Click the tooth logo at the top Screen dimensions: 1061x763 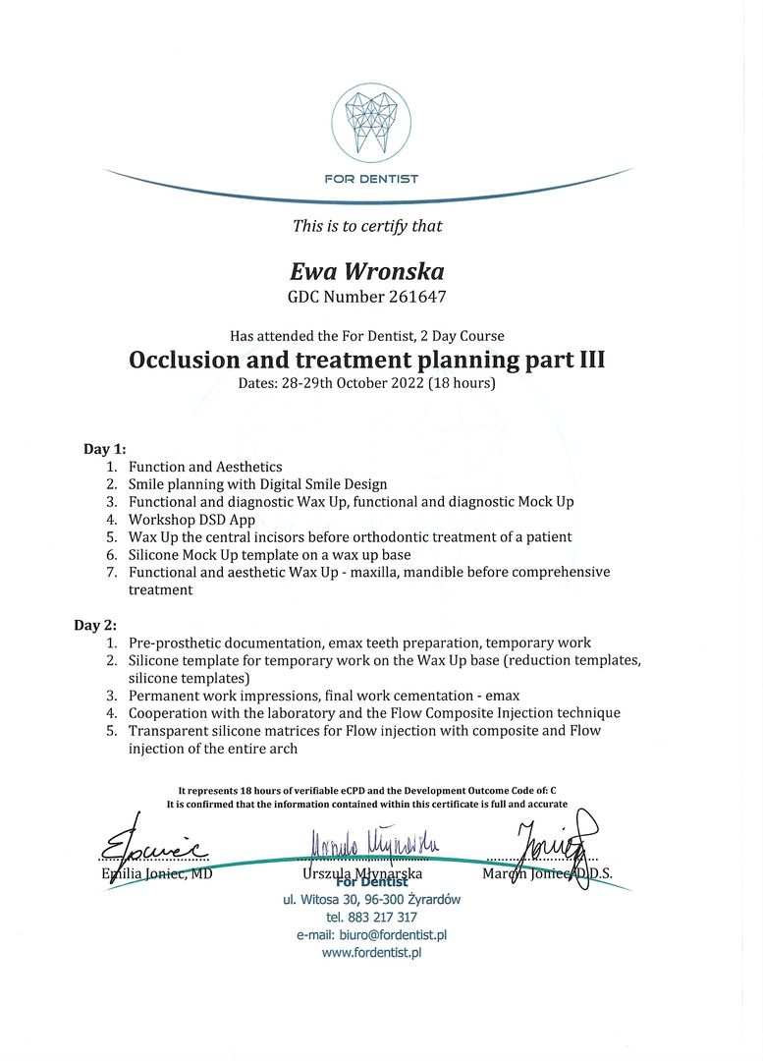click(370, 122)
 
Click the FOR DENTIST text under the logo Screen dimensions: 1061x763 click(370, 179)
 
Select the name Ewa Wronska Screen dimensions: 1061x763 click(366, 271)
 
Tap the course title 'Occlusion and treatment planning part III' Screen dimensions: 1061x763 click(366, 360)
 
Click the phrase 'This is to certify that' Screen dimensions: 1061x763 click(367, 226)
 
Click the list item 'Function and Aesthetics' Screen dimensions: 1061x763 click(205, 467)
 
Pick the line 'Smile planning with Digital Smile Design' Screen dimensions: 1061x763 click(257, 484)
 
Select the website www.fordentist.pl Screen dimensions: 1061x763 click(371, 953)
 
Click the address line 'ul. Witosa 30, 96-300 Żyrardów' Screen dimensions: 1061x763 click(371, 899)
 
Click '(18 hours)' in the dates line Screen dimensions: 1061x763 click(462, 383)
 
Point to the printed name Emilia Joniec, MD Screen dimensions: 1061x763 click(157, 874)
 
